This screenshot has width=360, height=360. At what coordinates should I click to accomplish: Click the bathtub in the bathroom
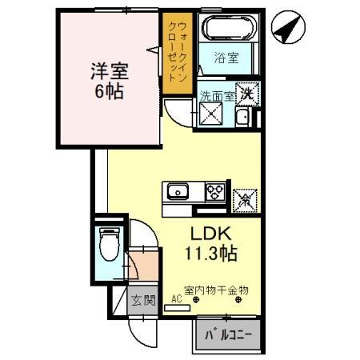[229, 29]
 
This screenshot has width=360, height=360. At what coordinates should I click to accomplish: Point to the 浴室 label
[227, 58]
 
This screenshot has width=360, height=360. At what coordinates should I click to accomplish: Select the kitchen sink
[176, 192]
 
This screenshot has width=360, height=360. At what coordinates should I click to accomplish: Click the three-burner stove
[215, 192]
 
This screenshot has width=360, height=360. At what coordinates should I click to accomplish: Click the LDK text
[210, 234]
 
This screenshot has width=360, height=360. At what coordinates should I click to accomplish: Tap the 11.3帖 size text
[210, 254]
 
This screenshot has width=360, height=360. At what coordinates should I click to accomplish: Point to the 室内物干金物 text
[216, 290]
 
